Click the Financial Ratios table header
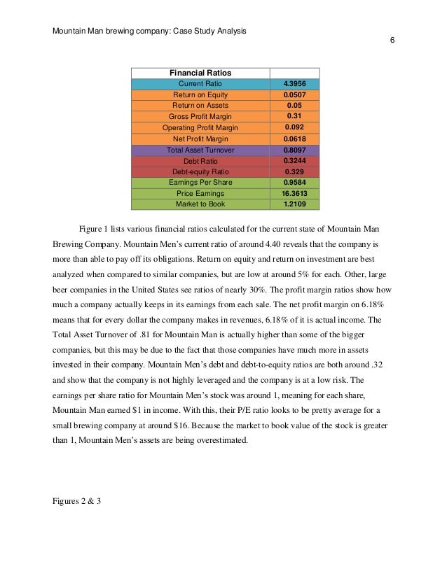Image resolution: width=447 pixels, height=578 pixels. [x=200, y=73]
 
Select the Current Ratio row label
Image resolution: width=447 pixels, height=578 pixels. [x=200, y=84]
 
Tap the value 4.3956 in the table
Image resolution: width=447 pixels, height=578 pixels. [x=294, y=84]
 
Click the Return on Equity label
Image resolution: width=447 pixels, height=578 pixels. [x=200, y=94]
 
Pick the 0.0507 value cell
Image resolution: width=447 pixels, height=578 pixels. [x=294, y=94]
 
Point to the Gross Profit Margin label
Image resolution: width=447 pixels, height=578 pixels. [x=200, y=116]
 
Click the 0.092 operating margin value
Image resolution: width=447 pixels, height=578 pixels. [x=294, y=127]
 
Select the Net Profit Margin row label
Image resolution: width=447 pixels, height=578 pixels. [x=200, y=139]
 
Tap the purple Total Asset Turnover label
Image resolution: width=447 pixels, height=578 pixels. [x=200, y=150]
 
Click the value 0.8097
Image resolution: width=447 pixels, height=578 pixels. [x=294, y=150]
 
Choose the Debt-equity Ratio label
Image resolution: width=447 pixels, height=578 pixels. [x=200, y=171]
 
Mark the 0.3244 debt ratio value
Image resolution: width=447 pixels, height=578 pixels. [x=294, y=160]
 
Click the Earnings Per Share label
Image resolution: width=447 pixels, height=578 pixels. [x=200, y=182]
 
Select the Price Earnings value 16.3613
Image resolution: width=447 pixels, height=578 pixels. [x=294, y=193]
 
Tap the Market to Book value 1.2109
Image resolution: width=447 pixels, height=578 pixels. [x=294, y=204]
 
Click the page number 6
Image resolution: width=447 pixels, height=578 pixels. [x=392, y=41]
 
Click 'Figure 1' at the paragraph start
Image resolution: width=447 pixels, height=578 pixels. [x=95, y=229]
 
